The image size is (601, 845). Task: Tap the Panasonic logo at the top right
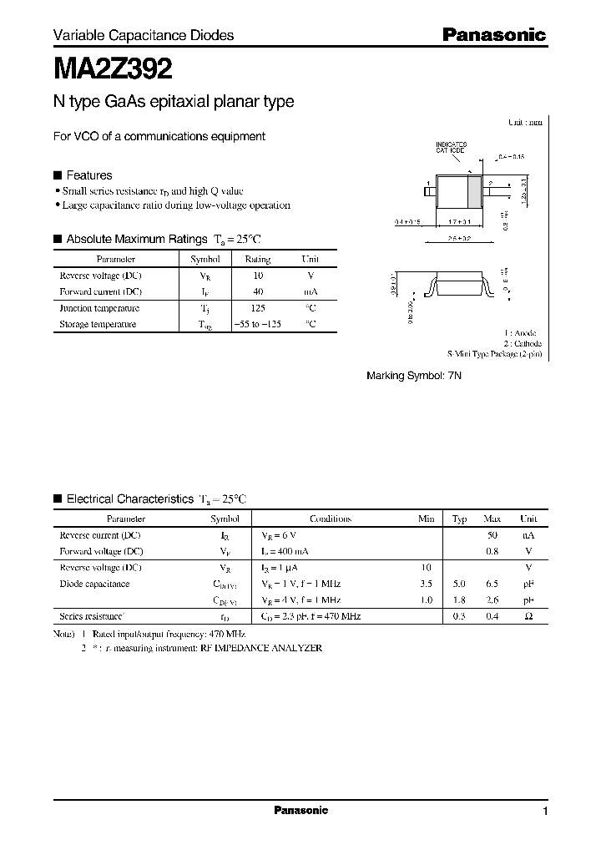pos(493,35)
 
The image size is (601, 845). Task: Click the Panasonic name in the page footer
pos(301,810)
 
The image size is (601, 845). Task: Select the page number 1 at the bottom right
pos(545,812)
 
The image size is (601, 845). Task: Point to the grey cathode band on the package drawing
pos(473,192)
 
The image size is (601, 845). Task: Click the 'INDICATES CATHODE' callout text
pos(451,148)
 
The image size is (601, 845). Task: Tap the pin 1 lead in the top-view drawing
pos(429,192)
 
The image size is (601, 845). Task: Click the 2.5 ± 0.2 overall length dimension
pos(460,238)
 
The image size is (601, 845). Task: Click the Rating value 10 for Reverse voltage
pos(258,275)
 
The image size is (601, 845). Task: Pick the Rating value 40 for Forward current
pos(258,291)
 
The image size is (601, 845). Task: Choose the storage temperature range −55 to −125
pos(257,324)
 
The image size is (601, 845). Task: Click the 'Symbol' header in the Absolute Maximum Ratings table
pos(205,260)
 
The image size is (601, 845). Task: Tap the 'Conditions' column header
pos(330,519)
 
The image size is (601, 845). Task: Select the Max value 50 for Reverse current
pos(492,534)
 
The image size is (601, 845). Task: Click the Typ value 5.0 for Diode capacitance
pos(459,584)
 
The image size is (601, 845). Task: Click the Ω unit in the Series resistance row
pos(528,616)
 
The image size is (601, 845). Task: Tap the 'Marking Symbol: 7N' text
pos(414,377)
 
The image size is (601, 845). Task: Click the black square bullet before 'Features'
pos(58,175)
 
